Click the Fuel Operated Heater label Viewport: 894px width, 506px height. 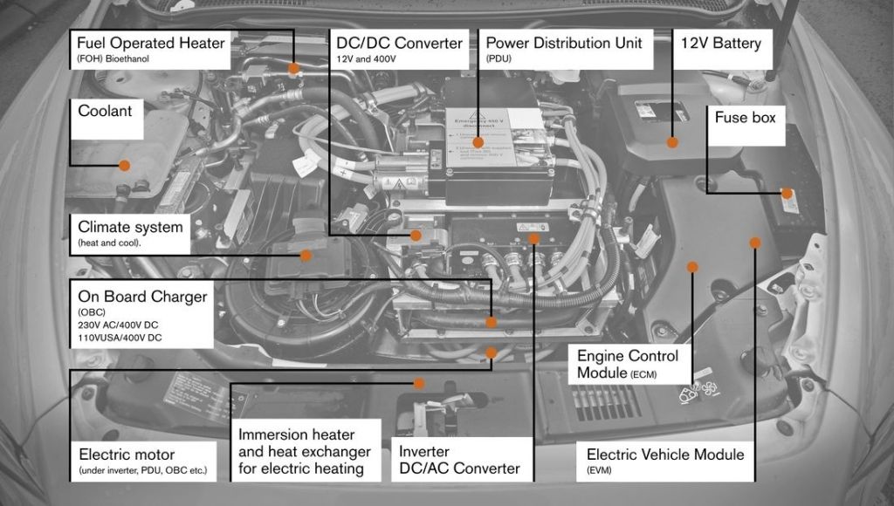(x=150, y=49)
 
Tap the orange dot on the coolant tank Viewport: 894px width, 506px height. (x=124, y=165)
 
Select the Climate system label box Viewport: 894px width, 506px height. (x=131, y=232)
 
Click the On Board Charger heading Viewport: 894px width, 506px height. (x=142, y=297)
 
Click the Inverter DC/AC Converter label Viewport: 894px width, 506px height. (x=459, y=460)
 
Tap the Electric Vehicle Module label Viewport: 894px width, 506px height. (x=665, y=455)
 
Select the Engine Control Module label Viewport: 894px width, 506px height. (x=628, y=364)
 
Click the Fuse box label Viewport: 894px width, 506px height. (x=745, y=117)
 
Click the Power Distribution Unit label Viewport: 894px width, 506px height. (x=564, y=43)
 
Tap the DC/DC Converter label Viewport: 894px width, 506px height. (x=399, y=43)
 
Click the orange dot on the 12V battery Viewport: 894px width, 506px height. (x=672, y=141)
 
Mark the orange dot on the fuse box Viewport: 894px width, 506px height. (x=787, y=193)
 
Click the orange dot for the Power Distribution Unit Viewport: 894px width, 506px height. (x=478, y=142)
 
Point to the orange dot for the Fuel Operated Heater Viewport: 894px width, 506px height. (x=294, y=68)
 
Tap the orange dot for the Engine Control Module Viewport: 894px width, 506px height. (x=692, y=266)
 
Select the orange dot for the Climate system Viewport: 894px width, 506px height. (x=306, y=256)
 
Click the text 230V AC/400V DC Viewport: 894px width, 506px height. (x=119, y=325)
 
